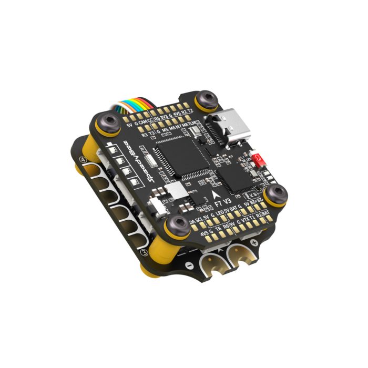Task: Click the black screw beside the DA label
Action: tap(172, 227)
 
